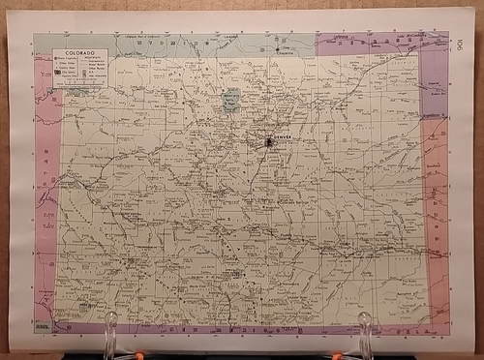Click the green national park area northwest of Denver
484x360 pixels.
230,101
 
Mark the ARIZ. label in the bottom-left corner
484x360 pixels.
42,328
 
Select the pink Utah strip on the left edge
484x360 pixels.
44,194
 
